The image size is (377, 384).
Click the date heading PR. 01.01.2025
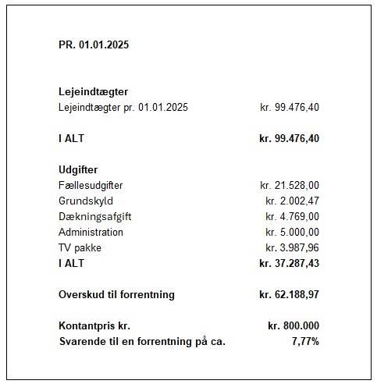(94, 44)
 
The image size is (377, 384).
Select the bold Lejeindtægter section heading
(93, 91)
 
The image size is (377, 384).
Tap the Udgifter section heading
(77, 169)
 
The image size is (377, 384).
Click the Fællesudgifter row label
(91, 185)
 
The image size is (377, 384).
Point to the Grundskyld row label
(86, 201)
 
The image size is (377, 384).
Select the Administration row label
(91, 232)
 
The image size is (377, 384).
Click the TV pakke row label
(80, 247)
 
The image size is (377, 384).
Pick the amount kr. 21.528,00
(289, 185)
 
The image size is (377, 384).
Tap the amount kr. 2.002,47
(292, 201)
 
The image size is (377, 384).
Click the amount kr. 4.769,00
(292, 216)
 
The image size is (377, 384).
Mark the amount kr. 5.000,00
(292, 232)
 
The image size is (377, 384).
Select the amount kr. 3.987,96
(292, 247)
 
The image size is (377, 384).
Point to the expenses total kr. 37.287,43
(289, 263)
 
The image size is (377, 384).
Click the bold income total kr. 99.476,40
(289, 138)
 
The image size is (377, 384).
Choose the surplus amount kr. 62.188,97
(289, 294)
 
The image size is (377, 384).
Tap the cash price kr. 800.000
(293, 325)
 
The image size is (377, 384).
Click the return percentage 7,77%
(304, 341)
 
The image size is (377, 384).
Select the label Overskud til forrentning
(116, 294)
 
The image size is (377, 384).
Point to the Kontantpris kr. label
(94, 325)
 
